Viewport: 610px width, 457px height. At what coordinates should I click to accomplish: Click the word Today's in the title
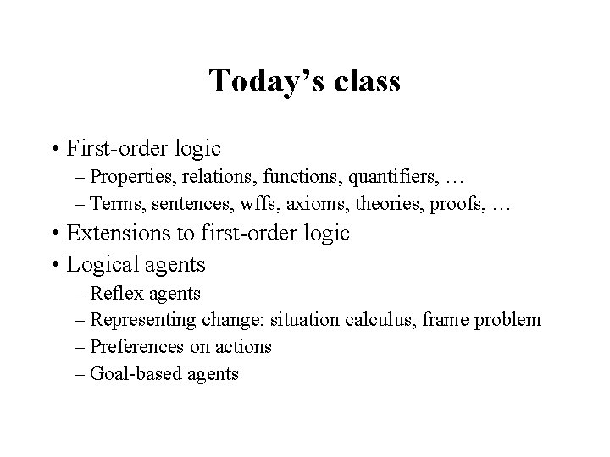[258, 81]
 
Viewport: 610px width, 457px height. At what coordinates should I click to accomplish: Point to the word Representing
[143, 320]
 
